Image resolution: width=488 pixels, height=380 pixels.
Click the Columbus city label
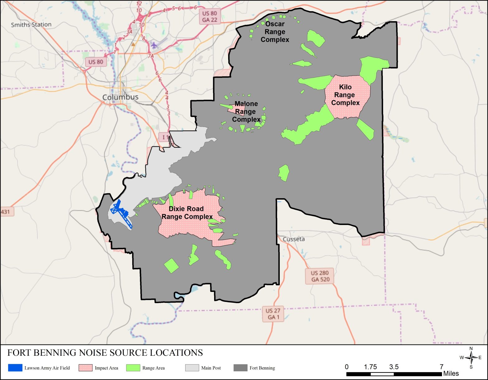(120, 97)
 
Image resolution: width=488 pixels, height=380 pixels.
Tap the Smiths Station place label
(31, 25)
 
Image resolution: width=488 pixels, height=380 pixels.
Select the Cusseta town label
(293, 239)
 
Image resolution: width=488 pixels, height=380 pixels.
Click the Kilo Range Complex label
(345, 95)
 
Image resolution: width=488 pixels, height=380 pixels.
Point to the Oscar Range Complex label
(275, 32)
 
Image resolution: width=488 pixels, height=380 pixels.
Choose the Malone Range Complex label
(246, 111)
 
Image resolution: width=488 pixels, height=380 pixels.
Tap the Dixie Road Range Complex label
(187, 213)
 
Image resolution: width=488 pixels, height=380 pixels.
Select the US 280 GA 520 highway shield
(320, 276)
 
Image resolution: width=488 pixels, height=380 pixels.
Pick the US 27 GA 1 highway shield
(273, 314)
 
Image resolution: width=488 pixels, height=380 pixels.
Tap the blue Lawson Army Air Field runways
(122, 213)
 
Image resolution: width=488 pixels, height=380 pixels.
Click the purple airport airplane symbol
(154, 45)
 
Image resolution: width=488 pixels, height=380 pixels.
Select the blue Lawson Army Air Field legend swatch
(15, 368)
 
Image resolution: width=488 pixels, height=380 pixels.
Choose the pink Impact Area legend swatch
(86, 368)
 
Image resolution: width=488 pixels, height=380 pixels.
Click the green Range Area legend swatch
(133, 368)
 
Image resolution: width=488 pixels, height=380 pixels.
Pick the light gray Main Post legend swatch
(192, 368)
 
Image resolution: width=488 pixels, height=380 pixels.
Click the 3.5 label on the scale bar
(394, 367)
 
